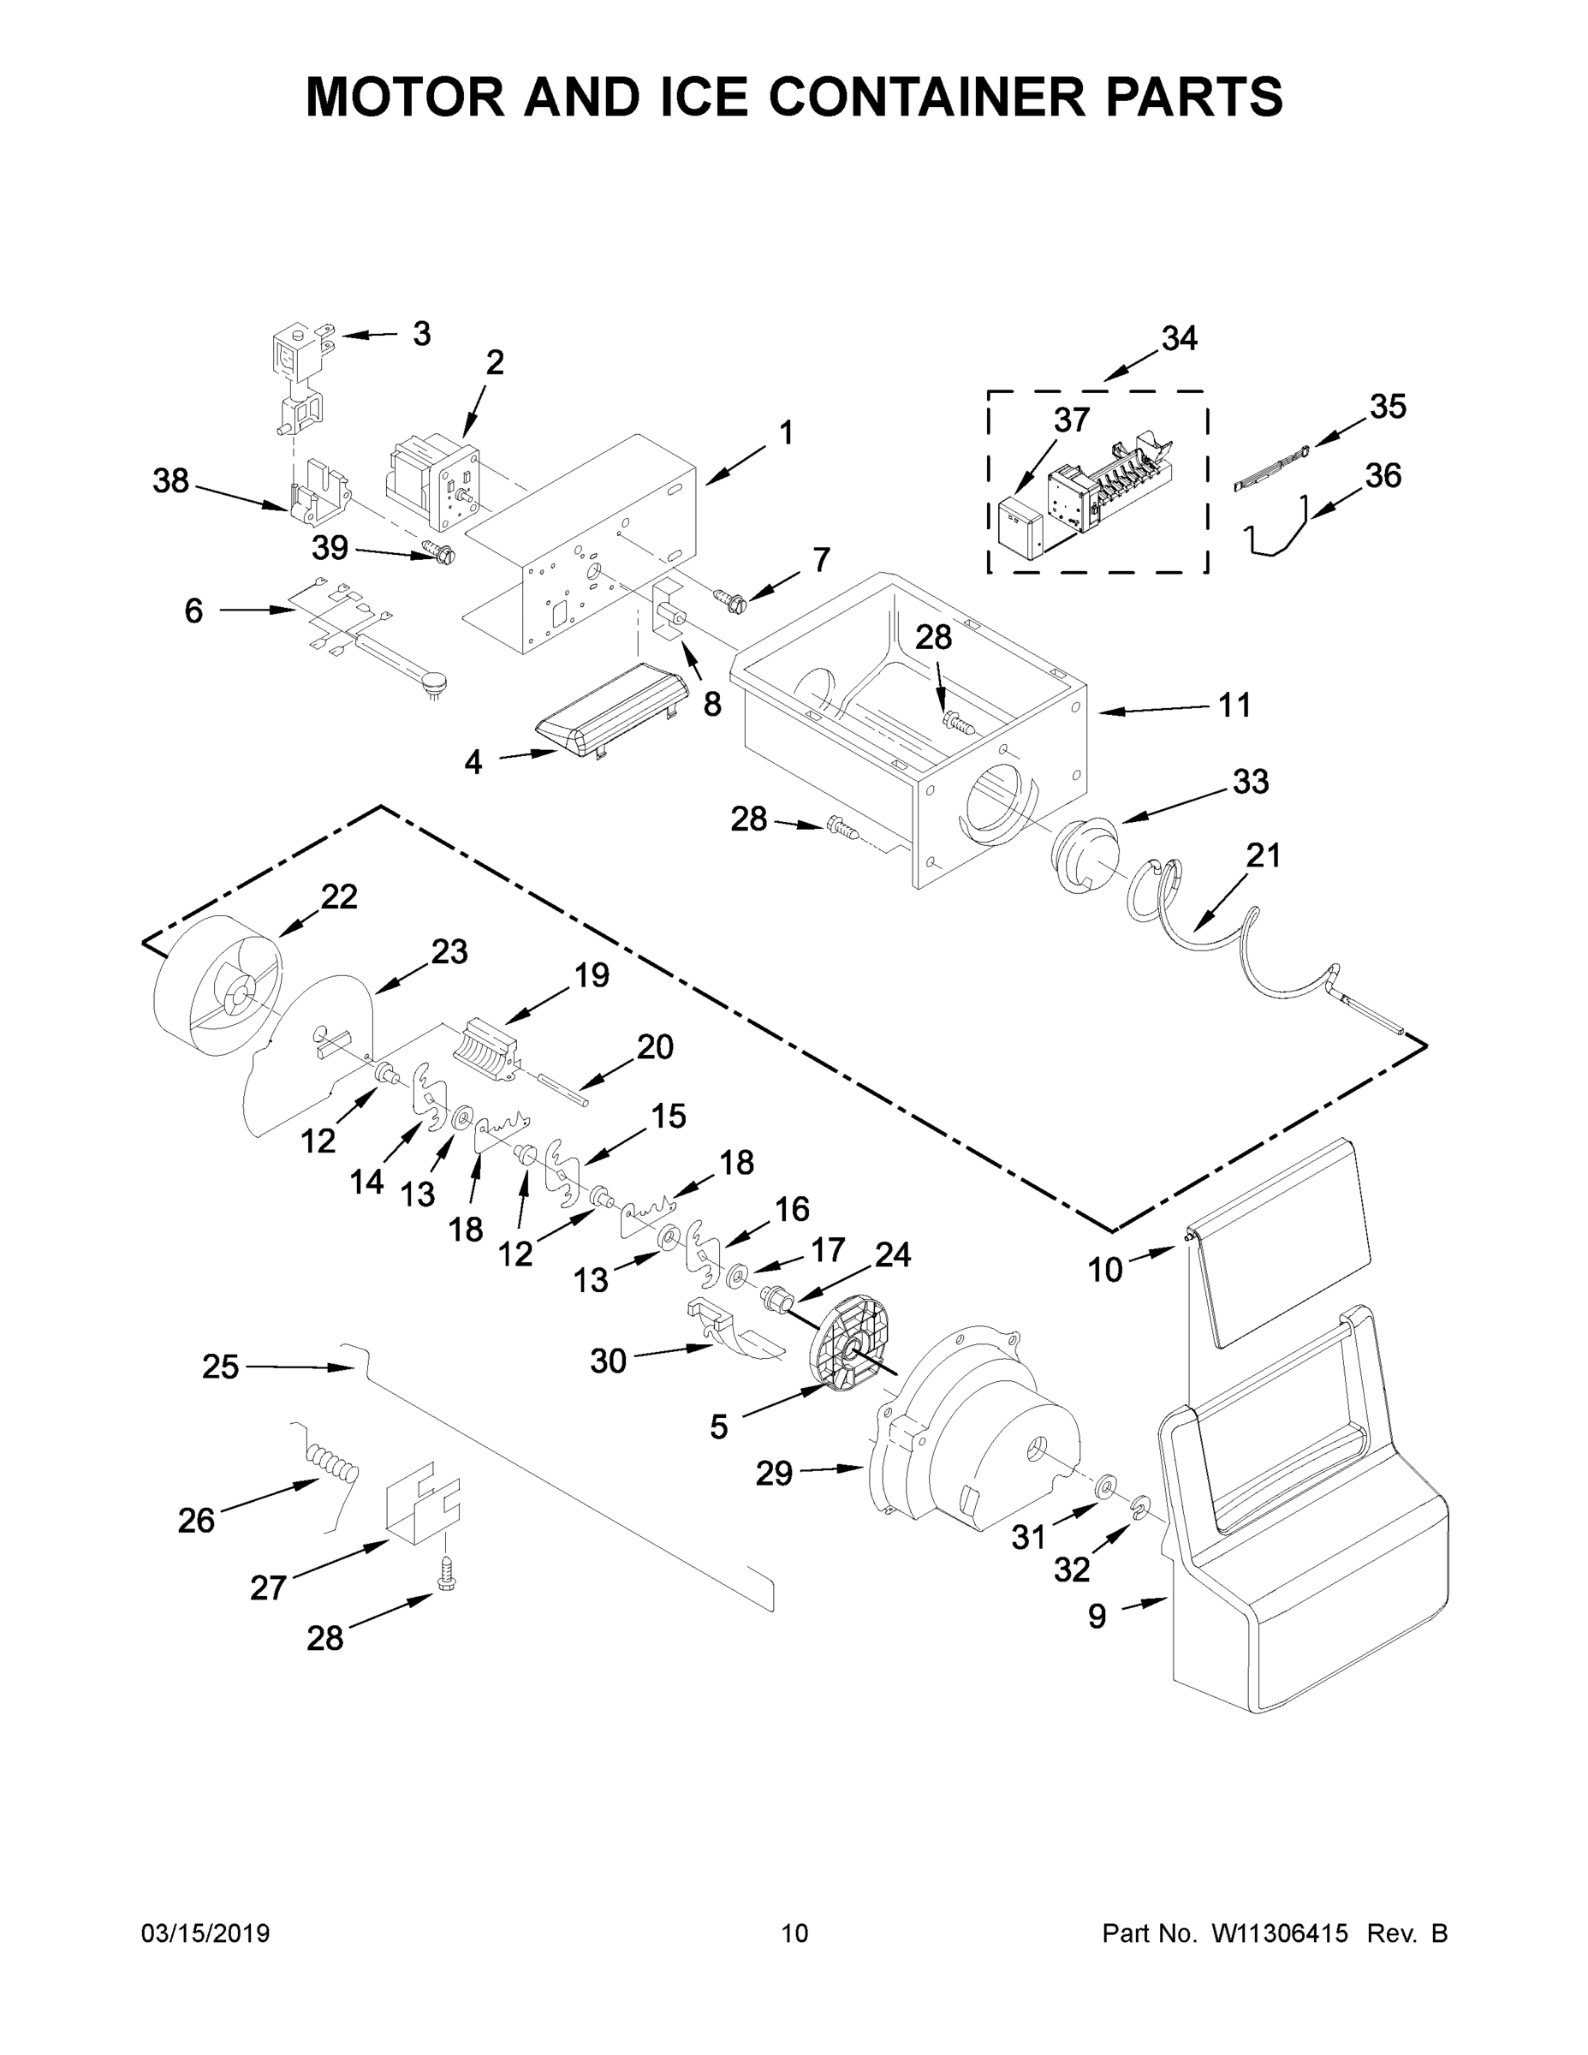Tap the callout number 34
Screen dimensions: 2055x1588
[x=1179, y=339]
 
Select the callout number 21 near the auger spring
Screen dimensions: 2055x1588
[x=1264, y=855]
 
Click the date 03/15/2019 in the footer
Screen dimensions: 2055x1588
[x=205, y=1933]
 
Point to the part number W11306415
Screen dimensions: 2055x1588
[x=1280, y=1933]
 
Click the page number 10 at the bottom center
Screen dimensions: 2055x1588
[x=795, y=1933]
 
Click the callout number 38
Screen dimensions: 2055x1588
[x=171, y=482]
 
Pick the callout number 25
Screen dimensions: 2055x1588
[x=220, y=1367]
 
